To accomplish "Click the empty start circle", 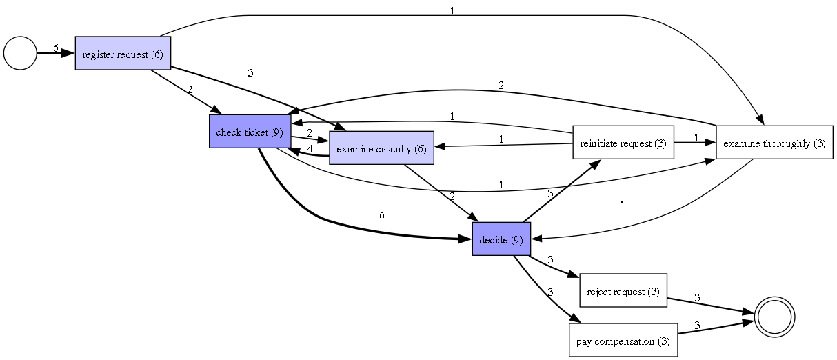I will pos(20,53).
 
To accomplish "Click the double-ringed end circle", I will pos(775,317).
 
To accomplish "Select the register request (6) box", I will pos(123,53).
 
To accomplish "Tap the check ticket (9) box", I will pos(250,132).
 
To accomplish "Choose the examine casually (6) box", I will pos(381,148).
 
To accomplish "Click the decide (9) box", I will pos(501,239).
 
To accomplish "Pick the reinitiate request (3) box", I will pos(623,143).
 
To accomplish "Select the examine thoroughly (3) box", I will pos(774,143).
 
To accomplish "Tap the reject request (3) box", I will pos(623,291).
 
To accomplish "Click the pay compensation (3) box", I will pos(623,341).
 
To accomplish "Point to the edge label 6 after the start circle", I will pos(56,48).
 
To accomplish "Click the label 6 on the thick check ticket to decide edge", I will pos(381,215).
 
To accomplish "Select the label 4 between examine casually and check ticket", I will pos(310,148).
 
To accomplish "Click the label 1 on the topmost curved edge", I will pos(452,12).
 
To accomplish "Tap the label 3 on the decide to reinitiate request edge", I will pos(549,194).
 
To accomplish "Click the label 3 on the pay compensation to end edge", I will pos(696,325).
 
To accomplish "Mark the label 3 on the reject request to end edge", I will pos(696,297).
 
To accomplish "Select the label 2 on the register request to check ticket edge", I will pos(189,89).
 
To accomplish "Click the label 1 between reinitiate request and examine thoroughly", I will pos(696,138).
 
